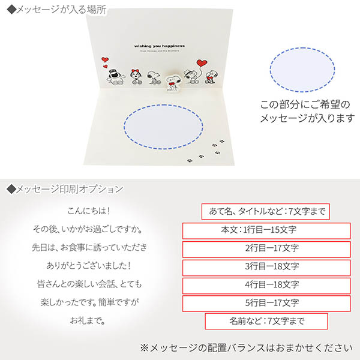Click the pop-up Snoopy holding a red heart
point(172,81)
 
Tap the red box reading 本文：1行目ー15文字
point(266,230)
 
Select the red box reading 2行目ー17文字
point(266,248)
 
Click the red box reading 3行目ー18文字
point(266,266)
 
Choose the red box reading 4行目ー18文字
point(266,285)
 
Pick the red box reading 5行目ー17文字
point(266,303)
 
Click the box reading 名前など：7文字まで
point(266,322)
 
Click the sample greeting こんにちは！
point(90,211)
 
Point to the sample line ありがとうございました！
point(90,266)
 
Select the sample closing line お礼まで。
point(90,320)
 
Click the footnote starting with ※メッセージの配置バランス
point(247,347)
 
